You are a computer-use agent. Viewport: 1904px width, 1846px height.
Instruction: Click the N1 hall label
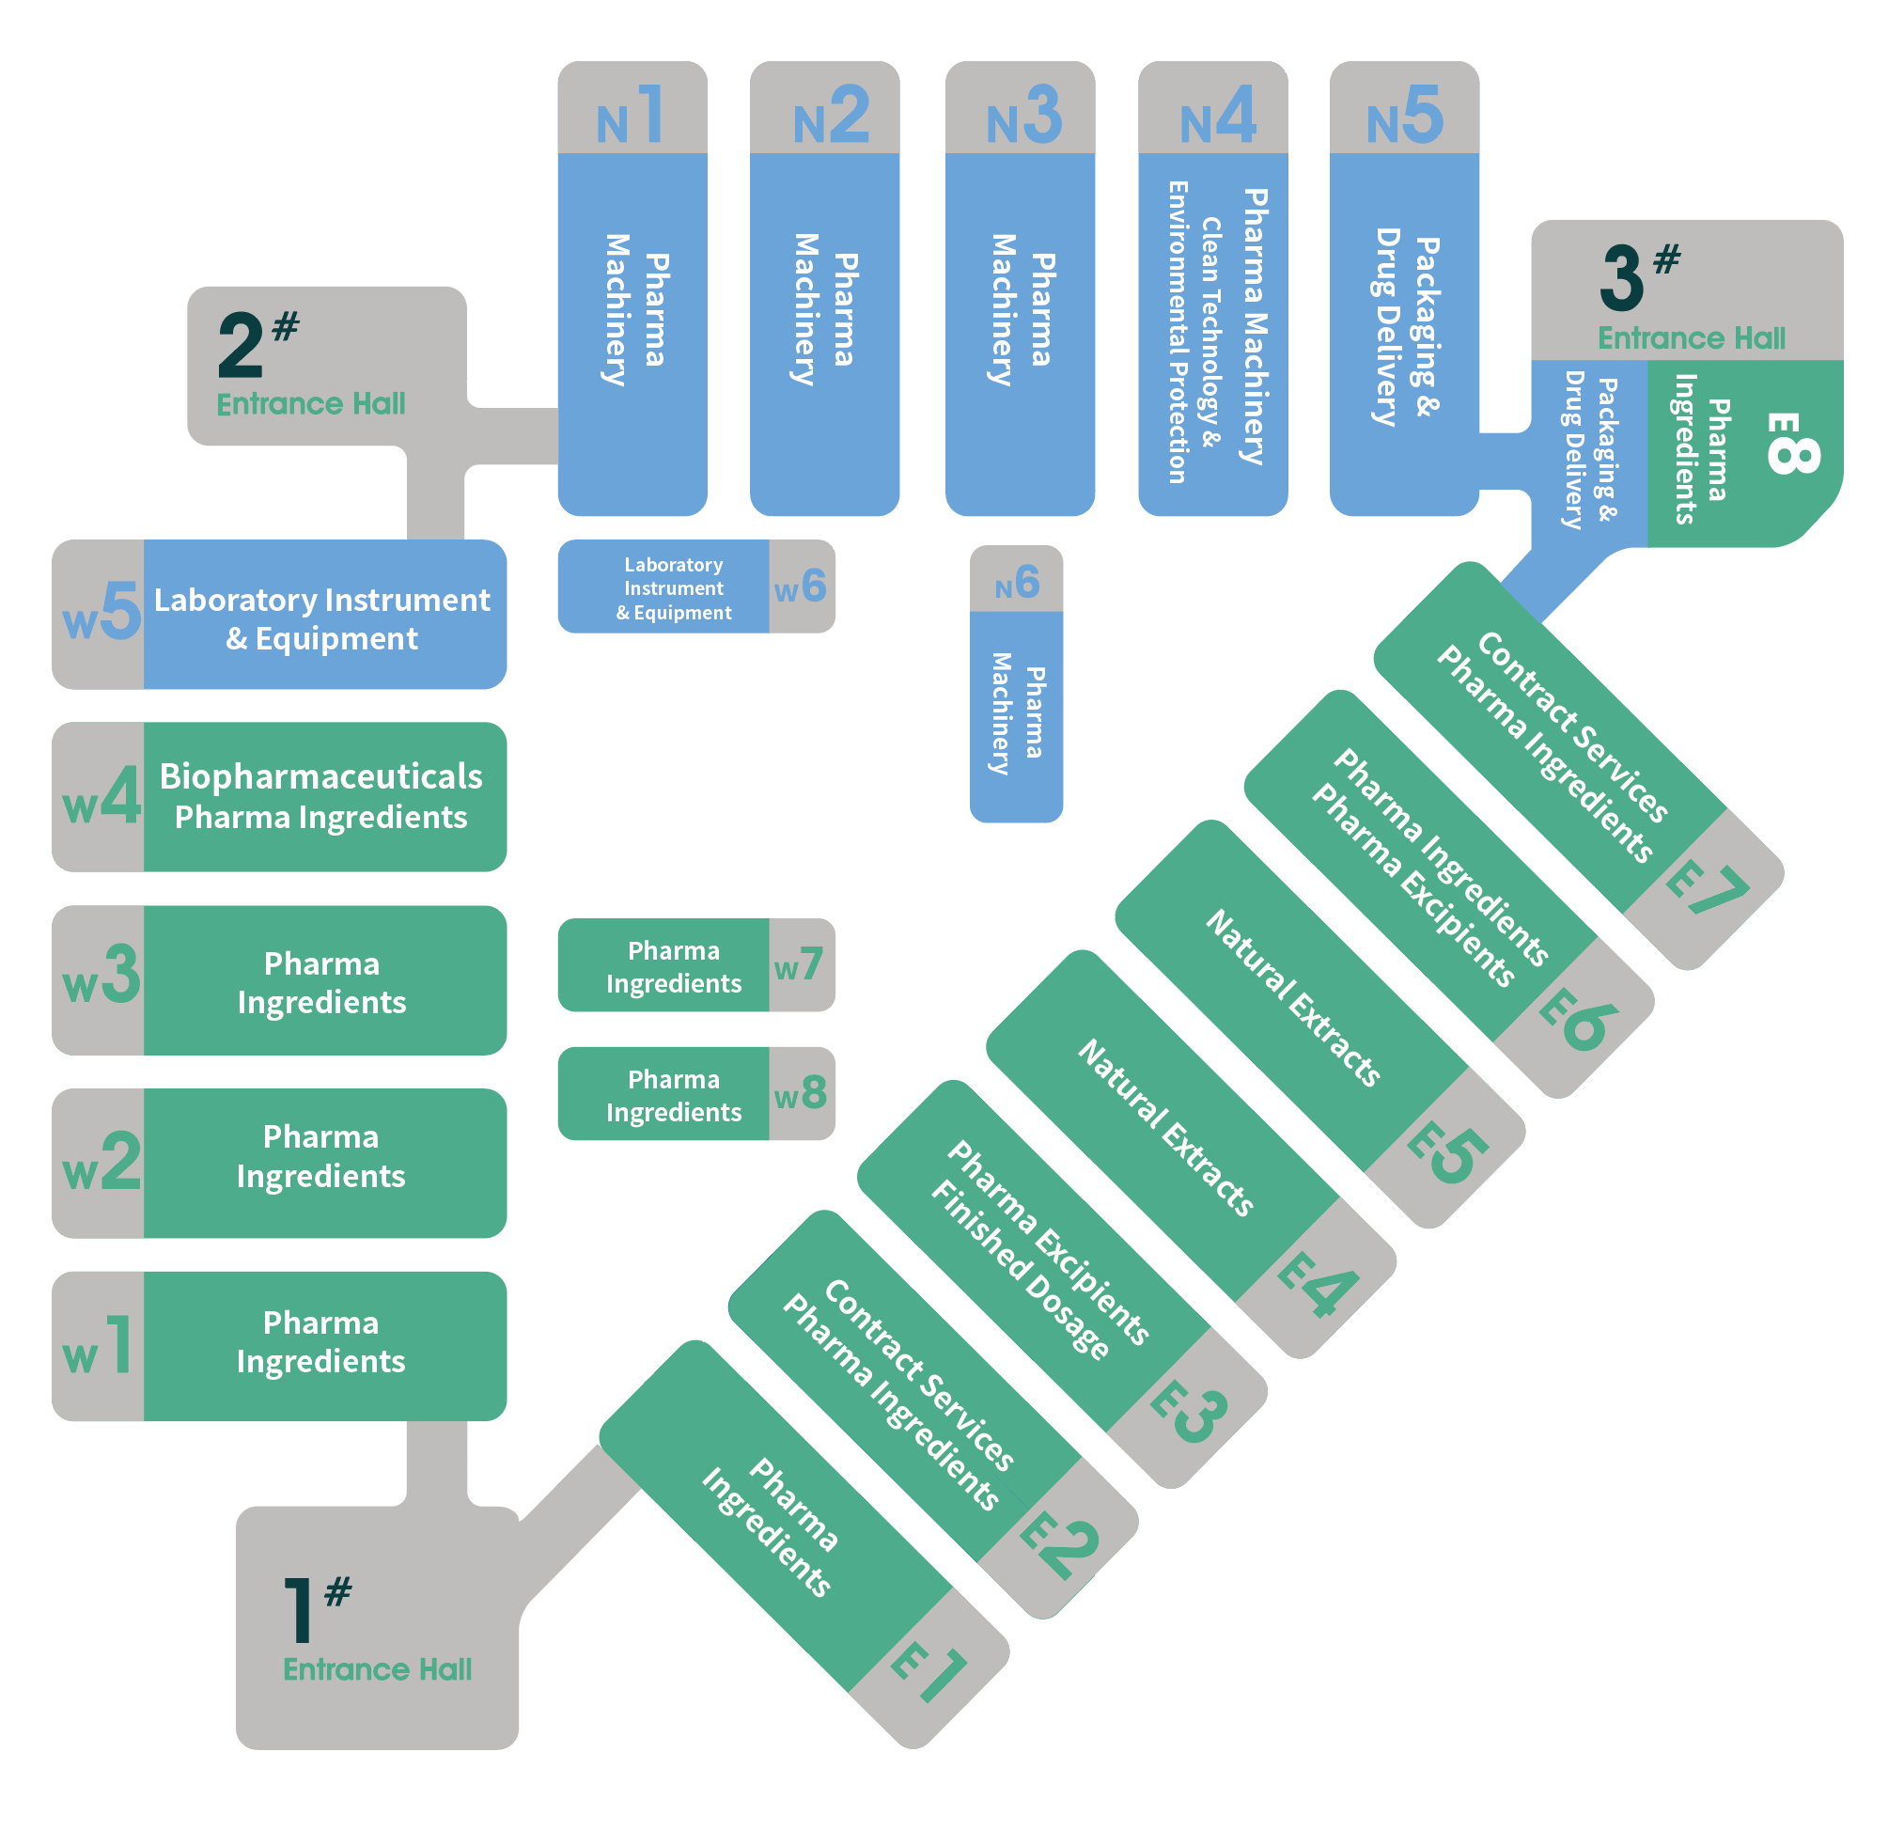pos(631,116)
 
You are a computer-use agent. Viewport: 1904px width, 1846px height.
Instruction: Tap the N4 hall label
pos(1217,116)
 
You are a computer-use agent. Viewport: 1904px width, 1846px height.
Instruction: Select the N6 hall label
pos(1017,583)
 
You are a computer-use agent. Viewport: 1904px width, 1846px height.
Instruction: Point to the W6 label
pos(800,587)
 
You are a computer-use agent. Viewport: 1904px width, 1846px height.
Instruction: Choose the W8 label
pos(801,1093)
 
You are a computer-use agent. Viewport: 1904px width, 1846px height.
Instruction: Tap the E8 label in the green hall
pos(1792,443)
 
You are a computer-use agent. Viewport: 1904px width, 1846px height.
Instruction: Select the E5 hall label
pos(1447,1153)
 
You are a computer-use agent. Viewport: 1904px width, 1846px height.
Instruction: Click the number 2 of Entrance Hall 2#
pos(241,345)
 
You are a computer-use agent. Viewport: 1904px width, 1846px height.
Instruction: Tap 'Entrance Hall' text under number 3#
pos(1692,338)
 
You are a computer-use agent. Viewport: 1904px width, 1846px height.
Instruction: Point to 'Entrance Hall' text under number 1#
pos(377,1669)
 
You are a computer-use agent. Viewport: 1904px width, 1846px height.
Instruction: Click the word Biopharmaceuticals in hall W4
pos(320,776)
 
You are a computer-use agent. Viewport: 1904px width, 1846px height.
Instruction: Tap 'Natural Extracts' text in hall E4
pos(1165,1127)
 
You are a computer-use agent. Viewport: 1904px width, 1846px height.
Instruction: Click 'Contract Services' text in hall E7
pos(1573,727)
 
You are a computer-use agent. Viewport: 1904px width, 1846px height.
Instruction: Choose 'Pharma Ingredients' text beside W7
pos(673,968)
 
